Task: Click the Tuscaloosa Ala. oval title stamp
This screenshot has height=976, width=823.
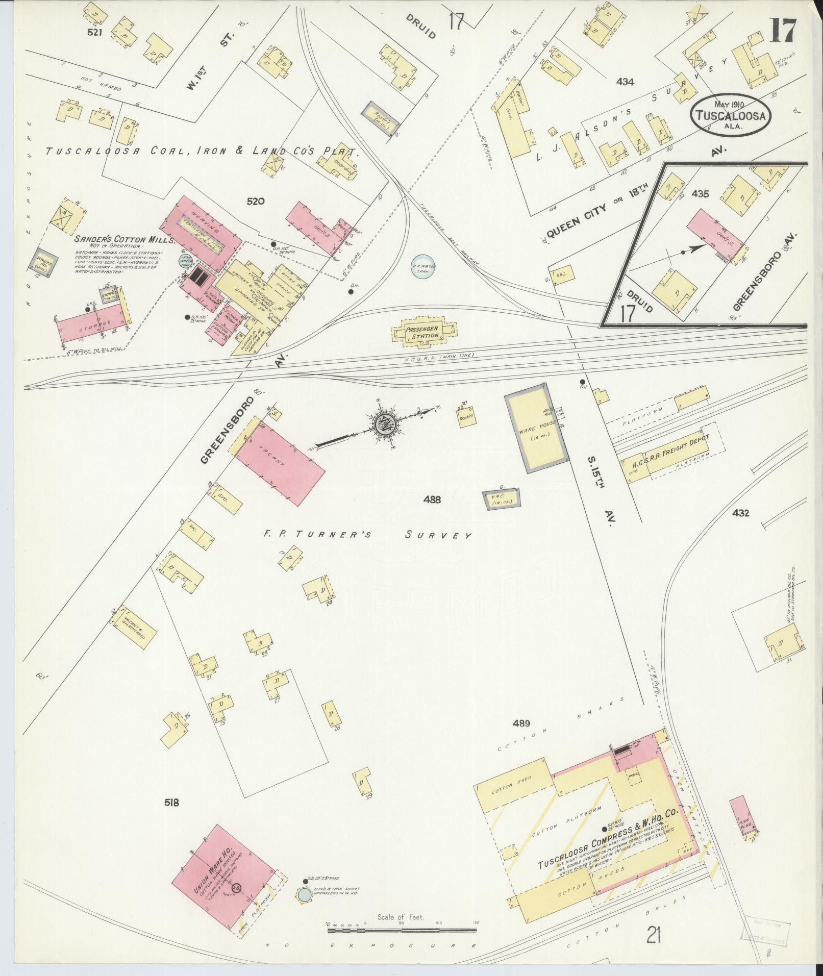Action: [x=731, y=115]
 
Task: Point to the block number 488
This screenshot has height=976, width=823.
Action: [x=432, y=500]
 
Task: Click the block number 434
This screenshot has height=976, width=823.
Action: [x=625, y=82]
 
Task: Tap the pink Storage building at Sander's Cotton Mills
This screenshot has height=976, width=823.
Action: [x=91, y=323]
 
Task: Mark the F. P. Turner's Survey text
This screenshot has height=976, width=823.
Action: [x=366, y=535]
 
